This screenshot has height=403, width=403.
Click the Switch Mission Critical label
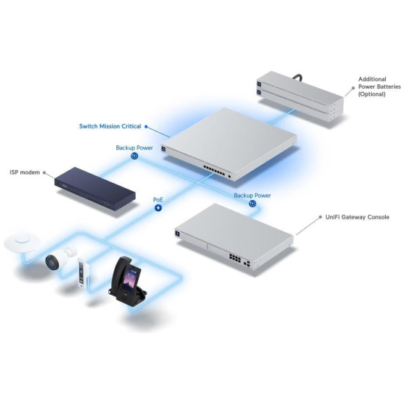pos(110,126)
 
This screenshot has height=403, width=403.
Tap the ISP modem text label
pos(25,172)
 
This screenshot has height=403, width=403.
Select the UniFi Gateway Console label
pos(357,217)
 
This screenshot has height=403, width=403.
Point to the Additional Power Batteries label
pos(379,87)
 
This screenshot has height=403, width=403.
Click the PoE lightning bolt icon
pos(158,207)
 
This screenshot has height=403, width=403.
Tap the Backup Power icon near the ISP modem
pos(134,156)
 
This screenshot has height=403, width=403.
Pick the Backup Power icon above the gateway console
pos(253,204)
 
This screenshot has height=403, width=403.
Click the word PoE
pos(157,200)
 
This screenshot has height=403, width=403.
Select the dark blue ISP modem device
pos(95,188)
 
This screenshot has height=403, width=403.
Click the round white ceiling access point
pos(22,242)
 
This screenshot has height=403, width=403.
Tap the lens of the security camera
pos(51,262)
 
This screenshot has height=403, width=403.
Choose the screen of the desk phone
pos(131,278)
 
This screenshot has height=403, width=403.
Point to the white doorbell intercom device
pos(83,272)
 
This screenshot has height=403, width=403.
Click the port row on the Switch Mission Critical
pos(214,171)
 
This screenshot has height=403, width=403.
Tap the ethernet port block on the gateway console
pos(235,257)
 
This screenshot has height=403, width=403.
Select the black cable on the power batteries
pos(298,77)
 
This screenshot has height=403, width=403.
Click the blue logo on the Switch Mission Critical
pos(163,149)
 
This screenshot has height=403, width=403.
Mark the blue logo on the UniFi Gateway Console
pos(178,233)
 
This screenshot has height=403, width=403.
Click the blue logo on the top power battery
pos(259,84)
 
